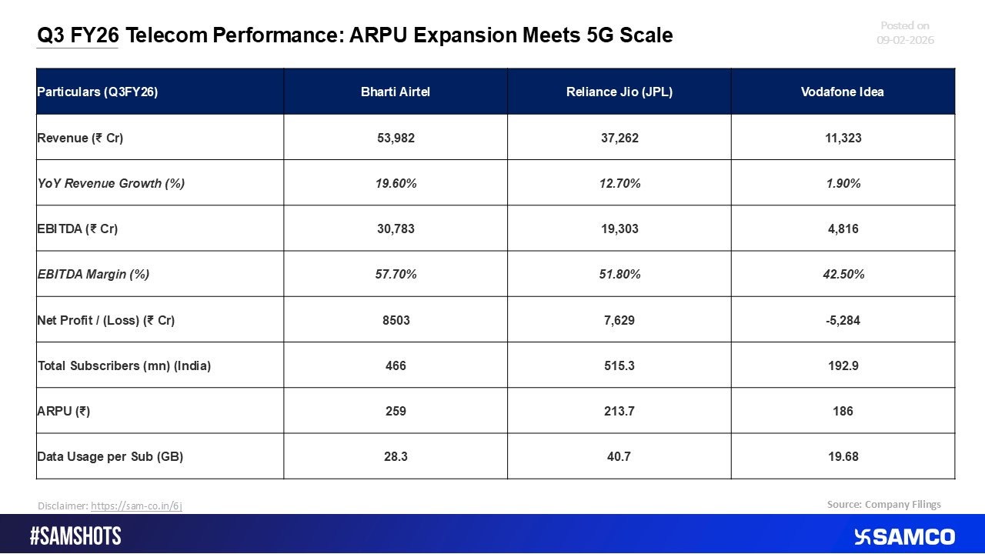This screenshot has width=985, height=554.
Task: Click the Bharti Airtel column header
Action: tap(395, 92)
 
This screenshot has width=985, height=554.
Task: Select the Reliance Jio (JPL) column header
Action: tap(619, 92)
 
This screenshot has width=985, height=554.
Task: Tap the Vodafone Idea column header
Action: tap(842, 92)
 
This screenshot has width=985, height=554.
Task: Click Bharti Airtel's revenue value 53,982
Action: tap(395, 138)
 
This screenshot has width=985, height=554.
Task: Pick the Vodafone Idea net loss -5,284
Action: tap(842, 319)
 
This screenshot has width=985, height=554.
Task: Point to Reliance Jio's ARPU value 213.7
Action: tap(619, 411)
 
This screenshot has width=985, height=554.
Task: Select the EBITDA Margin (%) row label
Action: tap(93, 274)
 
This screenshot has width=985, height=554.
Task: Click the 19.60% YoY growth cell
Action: tap(395, 183)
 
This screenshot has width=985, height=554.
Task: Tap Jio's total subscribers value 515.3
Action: tap(619, 365)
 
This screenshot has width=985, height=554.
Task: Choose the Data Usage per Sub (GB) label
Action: tap(110, 456)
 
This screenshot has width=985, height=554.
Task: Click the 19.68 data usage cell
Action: tap(842, 456)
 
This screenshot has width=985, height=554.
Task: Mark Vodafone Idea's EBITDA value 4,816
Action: tap(842, 229)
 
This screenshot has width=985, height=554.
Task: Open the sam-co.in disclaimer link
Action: tap(136, 506)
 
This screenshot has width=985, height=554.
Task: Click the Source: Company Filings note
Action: tap(883, 504)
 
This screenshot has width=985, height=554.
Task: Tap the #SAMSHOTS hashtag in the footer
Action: tap(75, 536)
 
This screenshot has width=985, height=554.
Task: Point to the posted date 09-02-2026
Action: tap(905, 40)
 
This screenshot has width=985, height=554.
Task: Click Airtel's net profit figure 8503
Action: tap(395, 319)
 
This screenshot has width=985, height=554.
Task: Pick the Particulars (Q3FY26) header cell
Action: tap(97, 92)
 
